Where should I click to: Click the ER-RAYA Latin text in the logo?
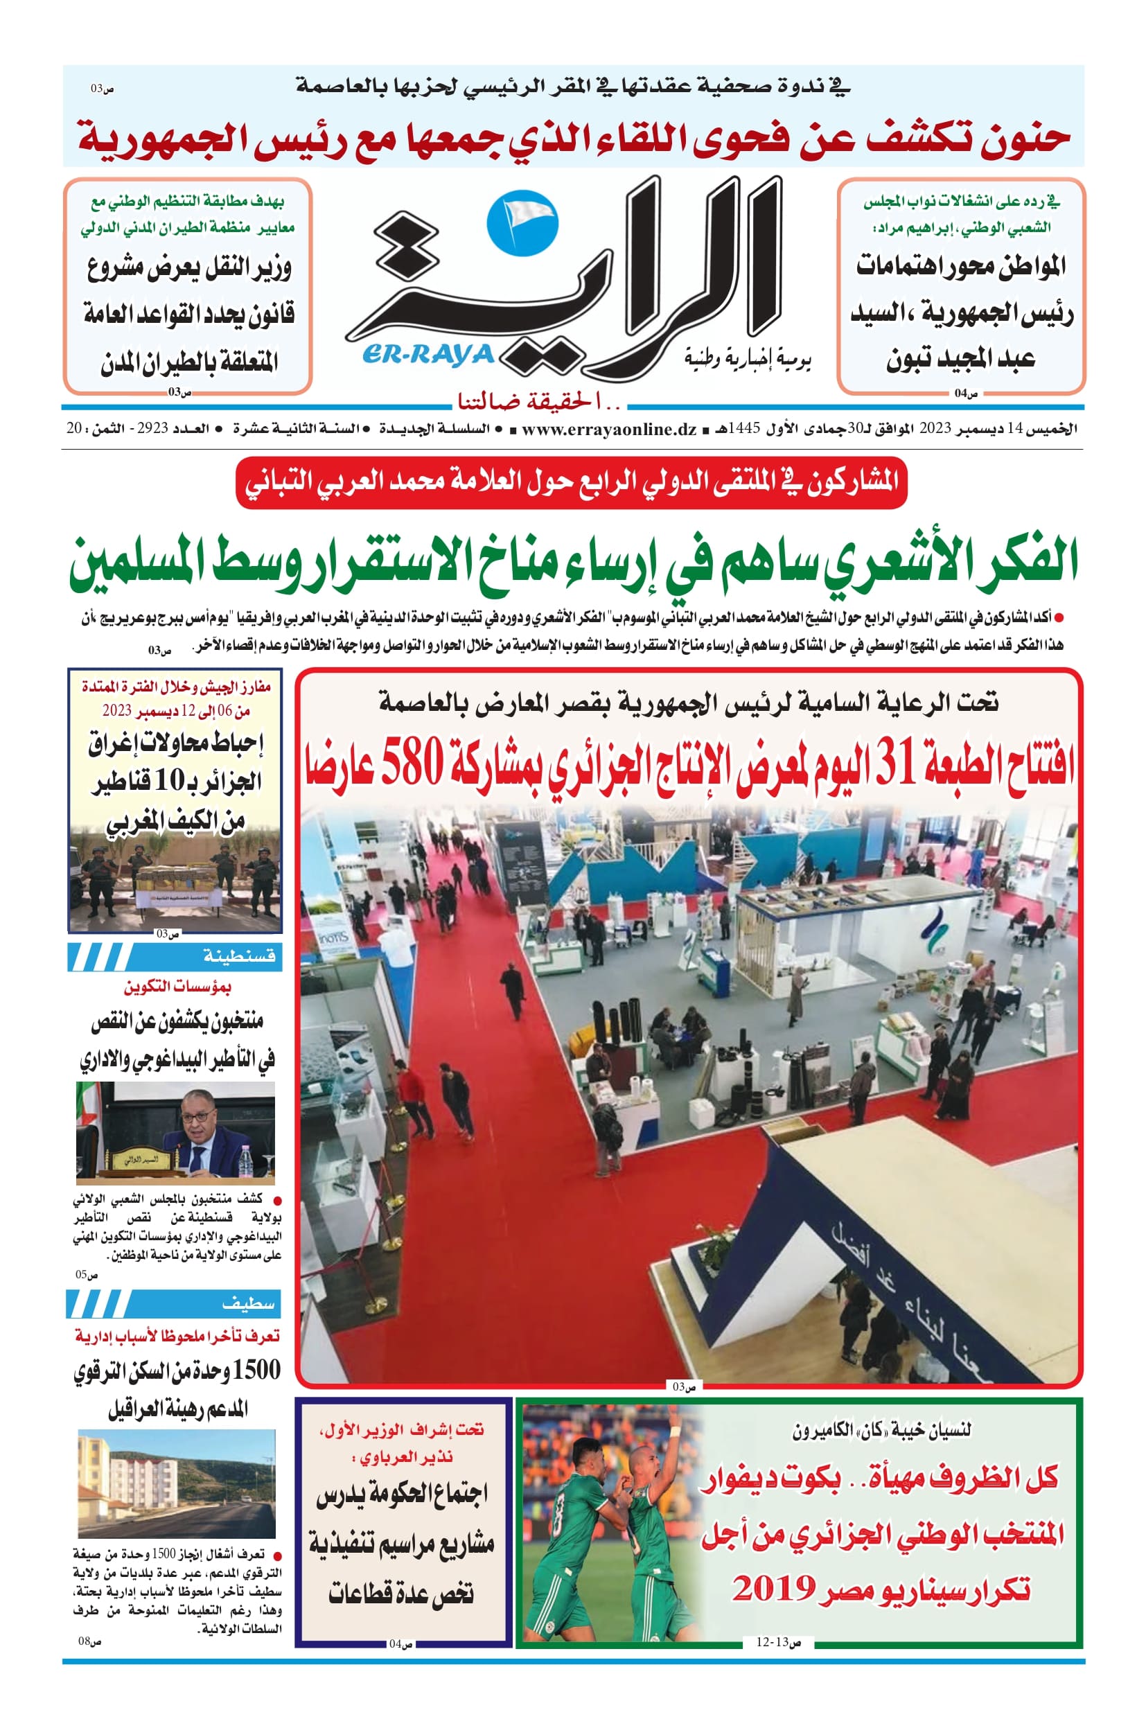[427, 355]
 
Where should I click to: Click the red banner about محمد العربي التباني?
[571, 483]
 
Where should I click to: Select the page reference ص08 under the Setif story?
[89, 1641]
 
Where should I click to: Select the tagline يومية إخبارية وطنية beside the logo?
[748, 359]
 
